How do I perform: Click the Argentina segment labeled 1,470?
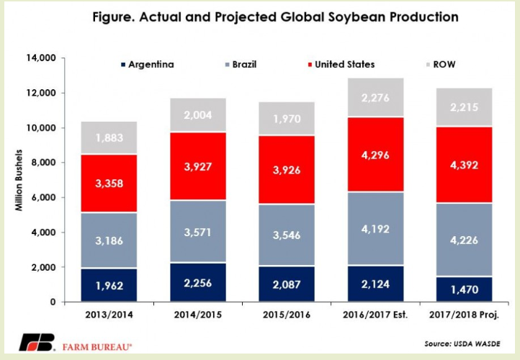coord(469,289)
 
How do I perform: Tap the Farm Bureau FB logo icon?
coord(36,342)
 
